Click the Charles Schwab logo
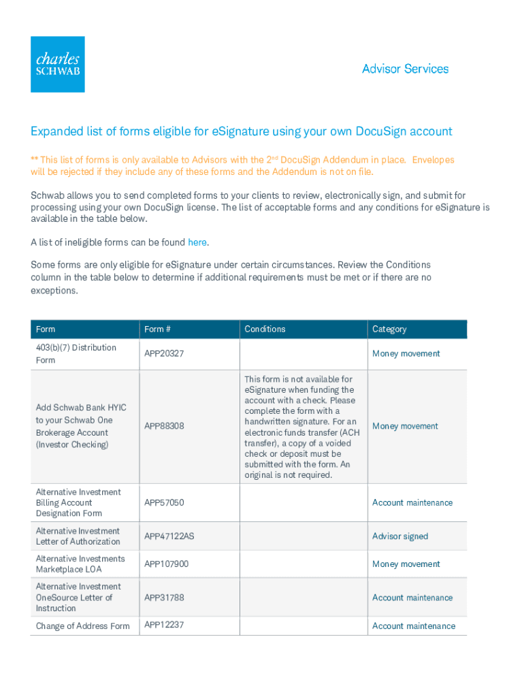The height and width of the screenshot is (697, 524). point(58,64)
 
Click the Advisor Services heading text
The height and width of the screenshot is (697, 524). point(405,69)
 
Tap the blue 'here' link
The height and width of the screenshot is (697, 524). point(197,242)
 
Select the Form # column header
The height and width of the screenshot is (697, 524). point(157,329)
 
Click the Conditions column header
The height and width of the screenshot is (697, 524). point(265,329)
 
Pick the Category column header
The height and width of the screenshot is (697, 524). point(389,329)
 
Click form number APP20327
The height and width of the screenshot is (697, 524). point(164,354)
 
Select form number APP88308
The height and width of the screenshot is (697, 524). point(164,426)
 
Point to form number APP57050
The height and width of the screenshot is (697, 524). point(164,503)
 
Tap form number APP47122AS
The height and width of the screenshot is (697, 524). point(169,536)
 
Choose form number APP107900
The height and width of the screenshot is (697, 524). point(167,564)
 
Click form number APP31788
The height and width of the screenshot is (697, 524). point(164,598)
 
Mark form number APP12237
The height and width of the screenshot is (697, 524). point(164,625)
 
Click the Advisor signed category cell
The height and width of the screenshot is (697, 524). point(400,536)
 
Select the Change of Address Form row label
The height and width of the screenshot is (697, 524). point(82,626)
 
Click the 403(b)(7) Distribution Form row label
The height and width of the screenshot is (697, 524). point(76,354)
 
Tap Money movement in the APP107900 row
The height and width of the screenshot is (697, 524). point(406,564)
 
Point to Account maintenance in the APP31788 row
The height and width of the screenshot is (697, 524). point(412,598)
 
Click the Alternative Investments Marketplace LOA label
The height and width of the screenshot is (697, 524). point(80,564)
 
